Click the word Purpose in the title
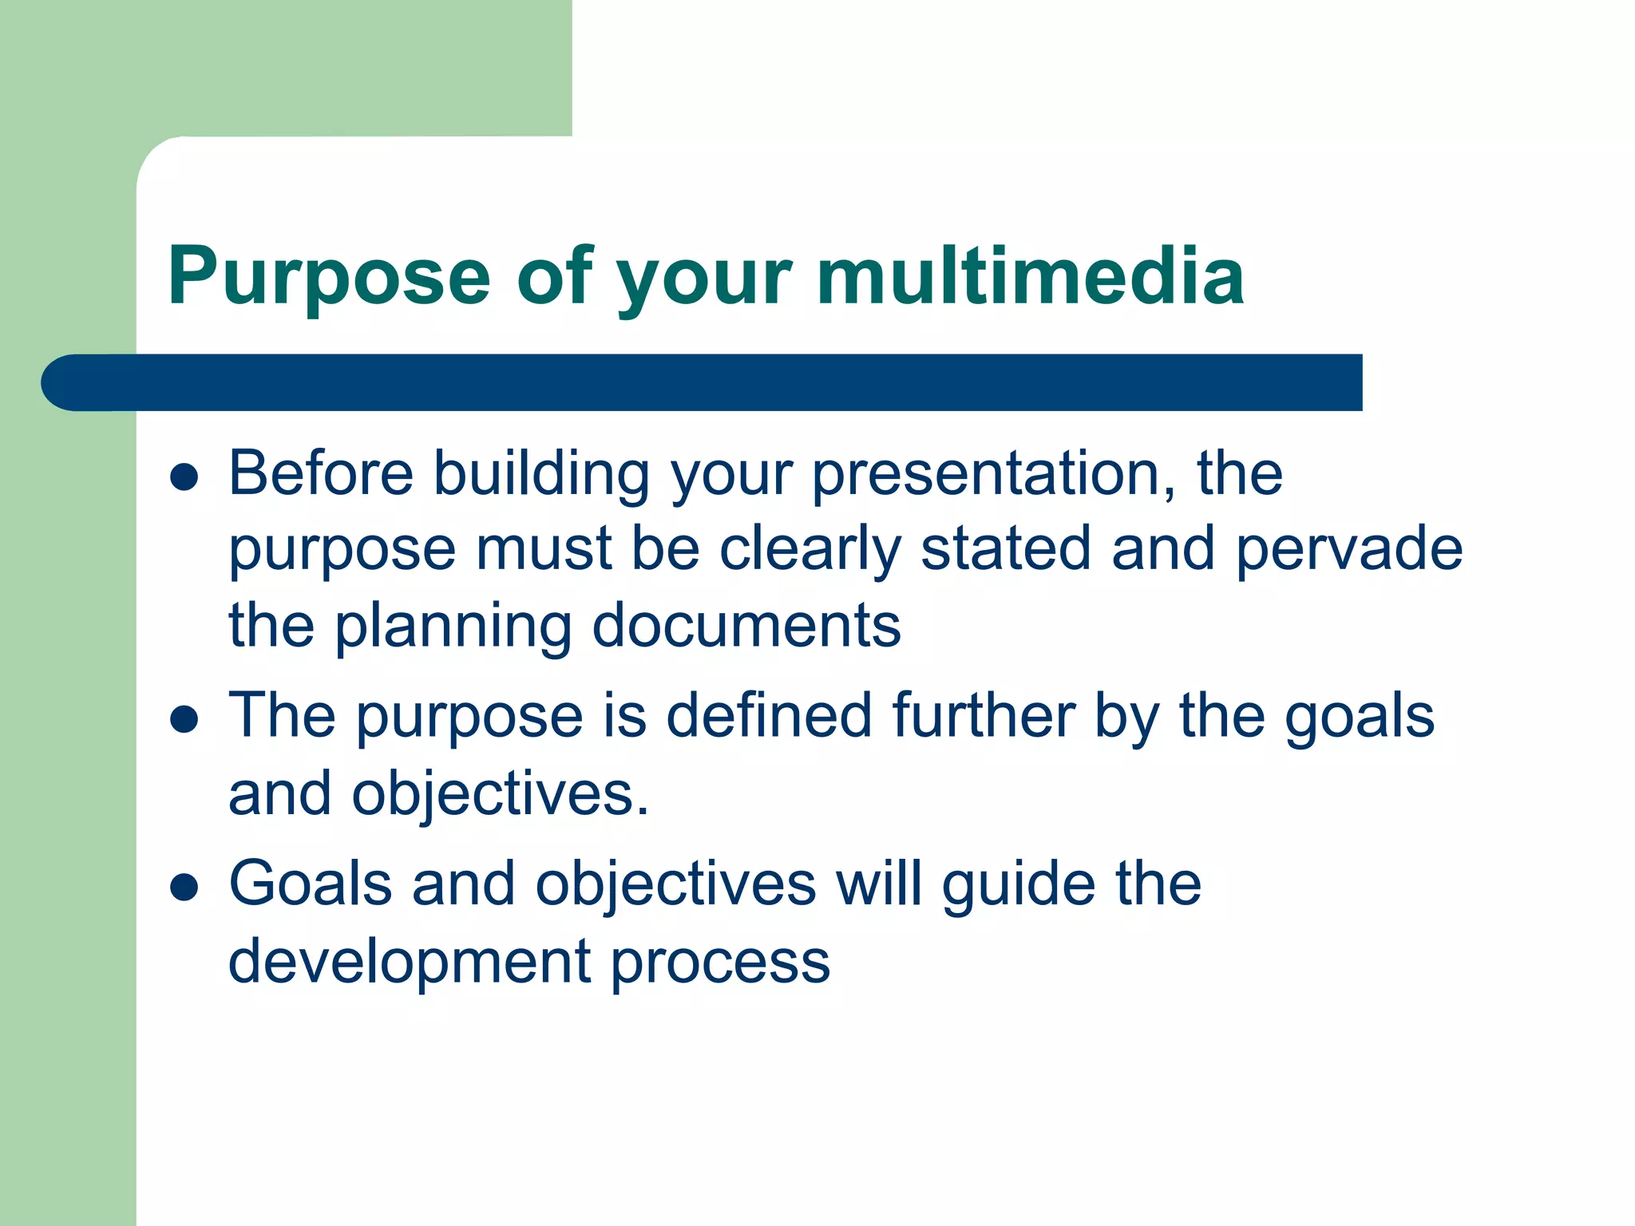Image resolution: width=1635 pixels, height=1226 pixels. [x=328, y=277]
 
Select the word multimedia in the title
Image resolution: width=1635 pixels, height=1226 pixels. [x=1030, y=275]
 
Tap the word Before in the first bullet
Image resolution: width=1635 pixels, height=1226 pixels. [x=321, y=473]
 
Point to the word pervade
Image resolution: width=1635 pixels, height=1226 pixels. [x=1349, y=551]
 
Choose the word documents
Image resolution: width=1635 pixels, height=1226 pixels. [x=746, y=626]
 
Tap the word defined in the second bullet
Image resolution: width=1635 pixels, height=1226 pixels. [x=769, y=715]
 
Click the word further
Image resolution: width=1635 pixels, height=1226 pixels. [x=984, y=715]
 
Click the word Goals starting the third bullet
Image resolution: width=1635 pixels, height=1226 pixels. [x=311, y=884]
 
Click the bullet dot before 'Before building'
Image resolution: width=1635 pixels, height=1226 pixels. [x=184, y=477]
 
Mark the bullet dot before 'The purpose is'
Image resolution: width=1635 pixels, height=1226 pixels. [x=184, y=718]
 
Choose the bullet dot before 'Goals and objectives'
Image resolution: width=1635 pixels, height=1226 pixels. [x=184, y=887]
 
